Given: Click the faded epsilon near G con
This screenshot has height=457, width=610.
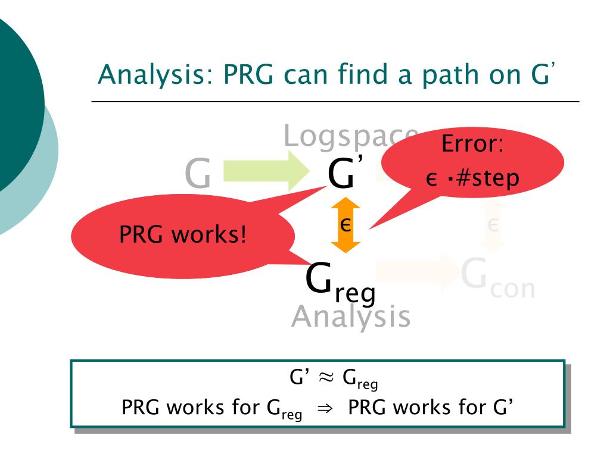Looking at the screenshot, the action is click(x=493, y=225).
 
